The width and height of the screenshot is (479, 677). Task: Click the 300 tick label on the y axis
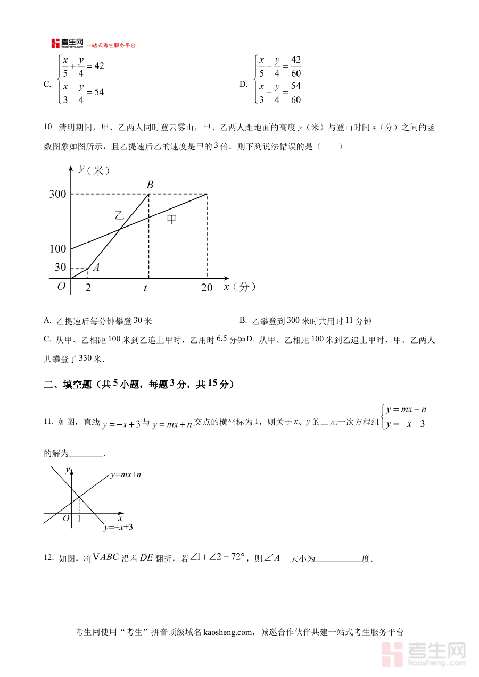click(57, 195)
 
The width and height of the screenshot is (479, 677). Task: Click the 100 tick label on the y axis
click(57, 249)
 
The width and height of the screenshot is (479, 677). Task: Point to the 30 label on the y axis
click(61, 268)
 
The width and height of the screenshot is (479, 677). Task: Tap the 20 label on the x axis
click(207, 288)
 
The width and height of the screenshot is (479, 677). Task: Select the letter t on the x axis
click(145, 288)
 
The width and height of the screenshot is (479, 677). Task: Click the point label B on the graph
click(150, 185)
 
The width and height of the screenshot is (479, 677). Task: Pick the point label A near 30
click(96, 268)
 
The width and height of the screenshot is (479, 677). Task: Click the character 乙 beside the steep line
click(119, 215)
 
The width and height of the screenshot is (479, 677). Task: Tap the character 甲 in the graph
click(171, 219)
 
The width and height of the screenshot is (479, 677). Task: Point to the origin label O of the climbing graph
click(61, 286)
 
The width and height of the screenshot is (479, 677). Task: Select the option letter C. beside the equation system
click(47, 83)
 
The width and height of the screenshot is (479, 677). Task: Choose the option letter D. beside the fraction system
click(244, 83)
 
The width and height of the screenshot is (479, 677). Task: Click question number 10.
click(48, 127)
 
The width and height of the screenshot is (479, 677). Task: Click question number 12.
click(48, 558)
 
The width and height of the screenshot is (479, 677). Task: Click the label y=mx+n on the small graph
click(126, 474)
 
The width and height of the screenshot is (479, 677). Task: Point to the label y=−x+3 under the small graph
click(118, 527)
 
